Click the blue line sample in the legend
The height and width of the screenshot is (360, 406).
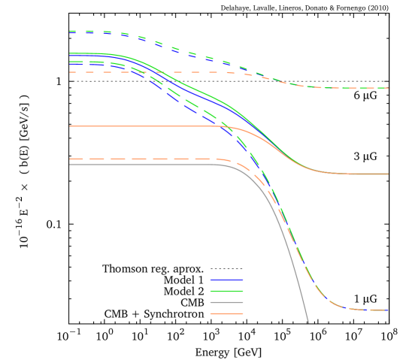(226, 280)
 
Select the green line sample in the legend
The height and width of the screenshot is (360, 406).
(226, 291)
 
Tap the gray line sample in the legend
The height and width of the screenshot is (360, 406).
(226, 302)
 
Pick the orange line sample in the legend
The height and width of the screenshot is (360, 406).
(226, 313)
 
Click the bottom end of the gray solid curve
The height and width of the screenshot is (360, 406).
(308, 323)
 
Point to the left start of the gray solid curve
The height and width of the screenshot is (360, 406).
(68, 164)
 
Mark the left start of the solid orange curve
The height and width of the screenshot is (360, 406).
(68, 126)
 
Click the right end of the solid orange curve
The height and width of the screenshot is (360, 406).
(388, 174)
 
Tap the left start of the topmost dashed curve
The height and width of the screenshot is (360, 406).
(68, 32)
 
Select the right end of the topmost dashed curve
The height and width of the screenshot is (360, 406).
(388, 88)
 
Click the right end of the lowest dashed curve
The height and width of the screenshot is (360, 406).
(388, 310)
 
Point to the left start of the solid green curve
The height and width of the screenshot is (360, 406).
(68, 53)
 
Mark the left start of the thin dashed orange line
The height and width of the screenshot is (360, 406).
(68, 72)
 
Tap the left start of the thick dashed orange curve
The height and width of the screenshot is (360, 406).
(68, 159)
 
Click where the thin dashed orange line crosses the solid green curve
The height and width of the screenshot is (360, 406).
(159, 73)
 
